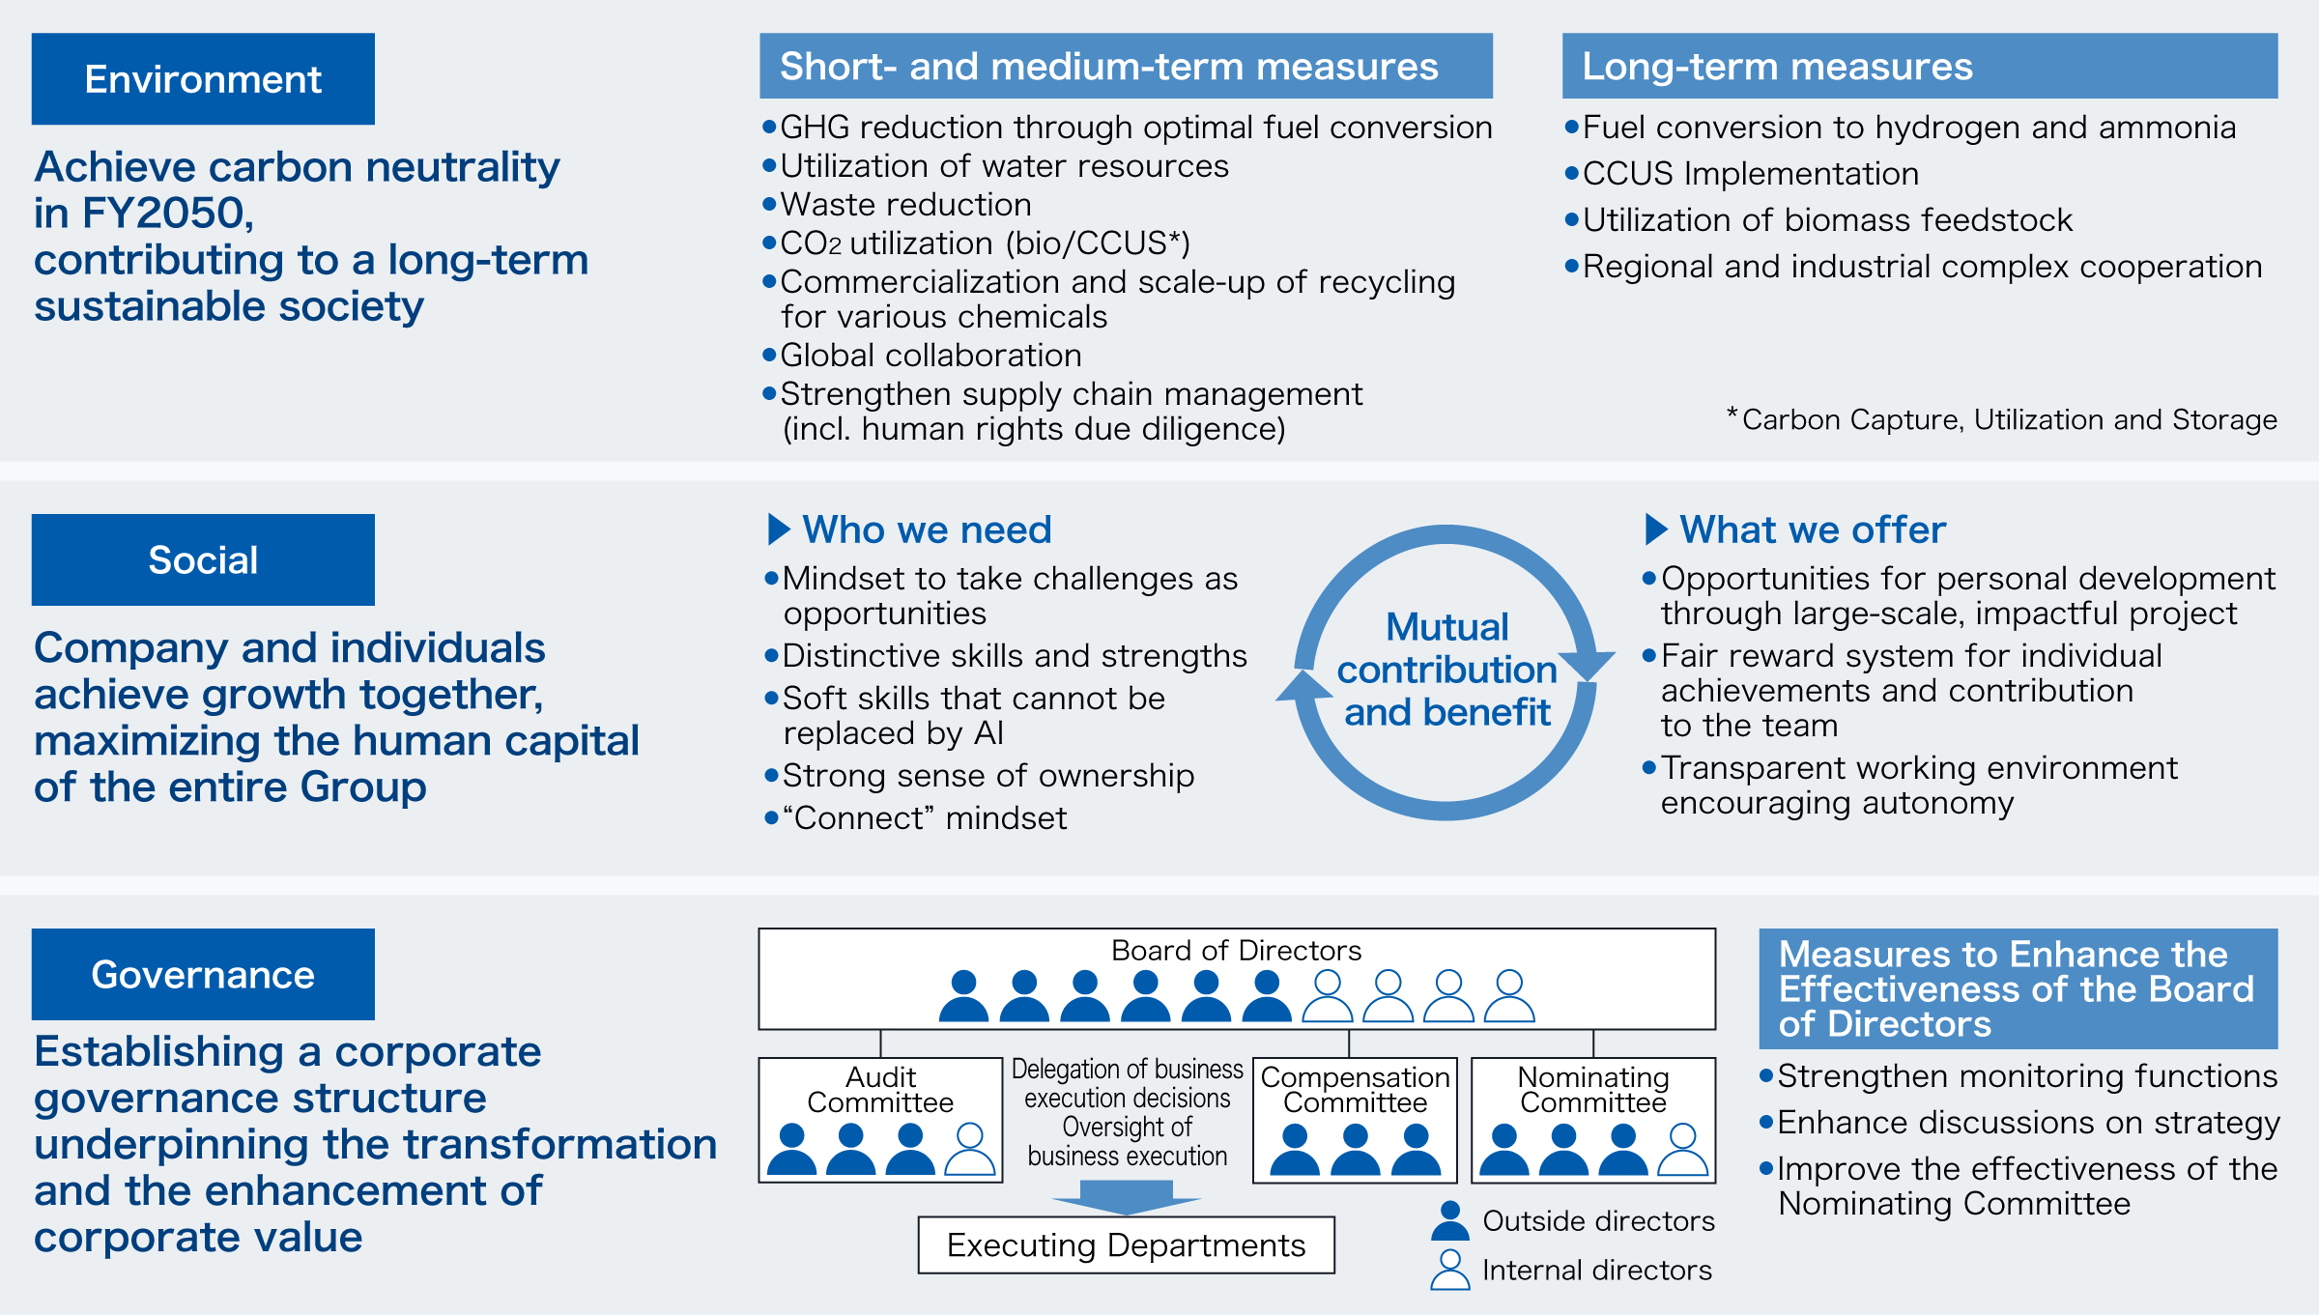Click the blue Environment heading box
pyautogui.click(x=203, y=79)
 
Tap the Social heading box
pyautogui.click(x=203, y=560)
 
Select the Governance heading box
pyautogui.click(x=203, y=974)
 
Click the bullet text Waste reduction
pyautogui.click(x=905, y=205)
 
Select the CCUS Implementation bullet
pyautogui.click(x=1750, y=174)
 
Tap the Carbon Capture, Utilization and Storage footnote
pyautogui.click(x=2008, y=420)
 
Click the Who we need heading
pyautogui.click(x=926, y=529)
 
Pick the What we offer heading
pyautogui.click(x=1812, y=529)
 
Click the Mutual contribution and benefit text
pyautogui.click(x=1446, y=670)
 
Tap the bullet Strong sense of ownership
pyautogui.click(x=988, y=776)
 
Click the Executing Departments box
pyautogui.click(x=1126, y=1245)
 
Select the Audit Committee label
pyautogui.click(x=880, y=1090)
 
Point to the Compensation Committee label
pyautogui.click(x=1355, y=1090)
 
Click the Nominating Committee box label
pyautogui.click(x=1593, y=1090)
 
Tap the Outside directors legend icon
pyautogui.click(x=1449, y=1221)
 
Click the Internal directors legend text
pyautogui.click(x=1596, y=1271)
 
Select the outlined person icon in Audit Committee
pyautogui.click(x=969, y=1149)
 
